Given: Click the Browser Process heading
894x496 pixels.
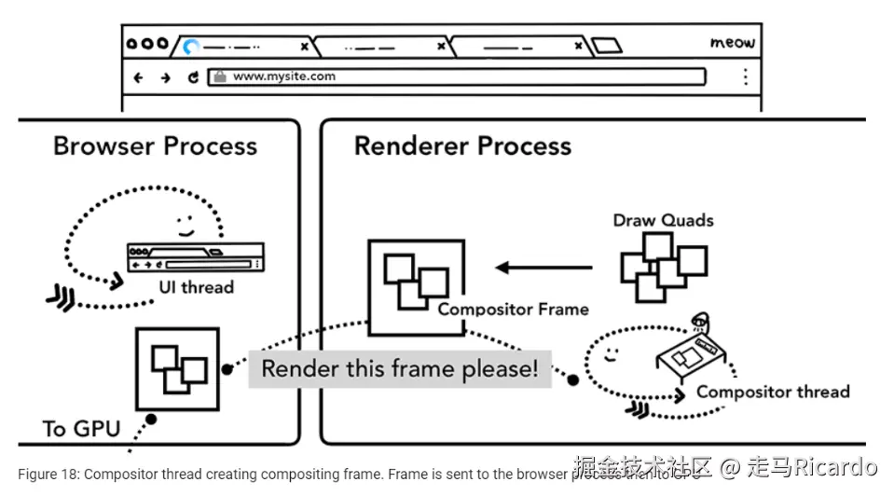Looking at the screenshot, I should click(155, 146).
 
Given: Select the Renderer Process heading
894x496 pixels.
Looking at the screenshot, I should click(462, 146).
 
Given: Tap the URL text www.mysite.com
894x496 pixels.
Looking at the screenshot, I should click(283, 76).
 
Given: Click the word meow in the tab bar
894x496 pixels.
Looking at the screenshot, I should click(732, 43).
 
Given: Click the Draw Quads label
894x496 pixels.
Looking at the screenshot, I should click(663, 221).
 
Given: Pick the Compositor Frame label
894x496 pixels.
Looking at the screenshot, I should click(513, 310).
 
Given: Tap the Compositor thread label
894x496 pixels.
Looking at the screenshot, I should click(773, 392).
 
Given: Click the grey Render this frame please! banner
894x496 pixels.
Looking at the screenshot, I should click(399, 368).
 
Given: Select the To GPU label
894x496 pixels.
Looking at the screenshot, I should click(81, 429).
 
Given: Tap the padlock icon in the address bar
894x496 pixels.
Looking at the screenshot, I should click(219, 77).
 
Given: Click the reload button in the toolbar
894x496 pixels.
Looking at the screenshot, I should click(193, 77).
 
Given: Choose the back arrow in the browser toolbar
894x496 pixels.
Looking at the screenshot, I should click(138, 77).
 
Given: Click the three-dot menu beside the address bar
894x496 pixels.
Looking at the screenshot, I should click(745, 76).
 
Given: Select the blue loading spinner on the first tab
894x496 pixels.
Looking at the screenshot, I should click(191, 45).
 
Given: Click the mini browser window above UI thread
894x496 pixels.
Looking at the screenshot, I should click(195, 257).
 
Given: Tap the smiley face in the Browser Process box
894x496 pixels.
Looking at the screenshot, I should click(185, 225).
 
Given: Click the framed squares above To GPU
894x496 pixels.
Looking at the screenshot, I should click(177, 368).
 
